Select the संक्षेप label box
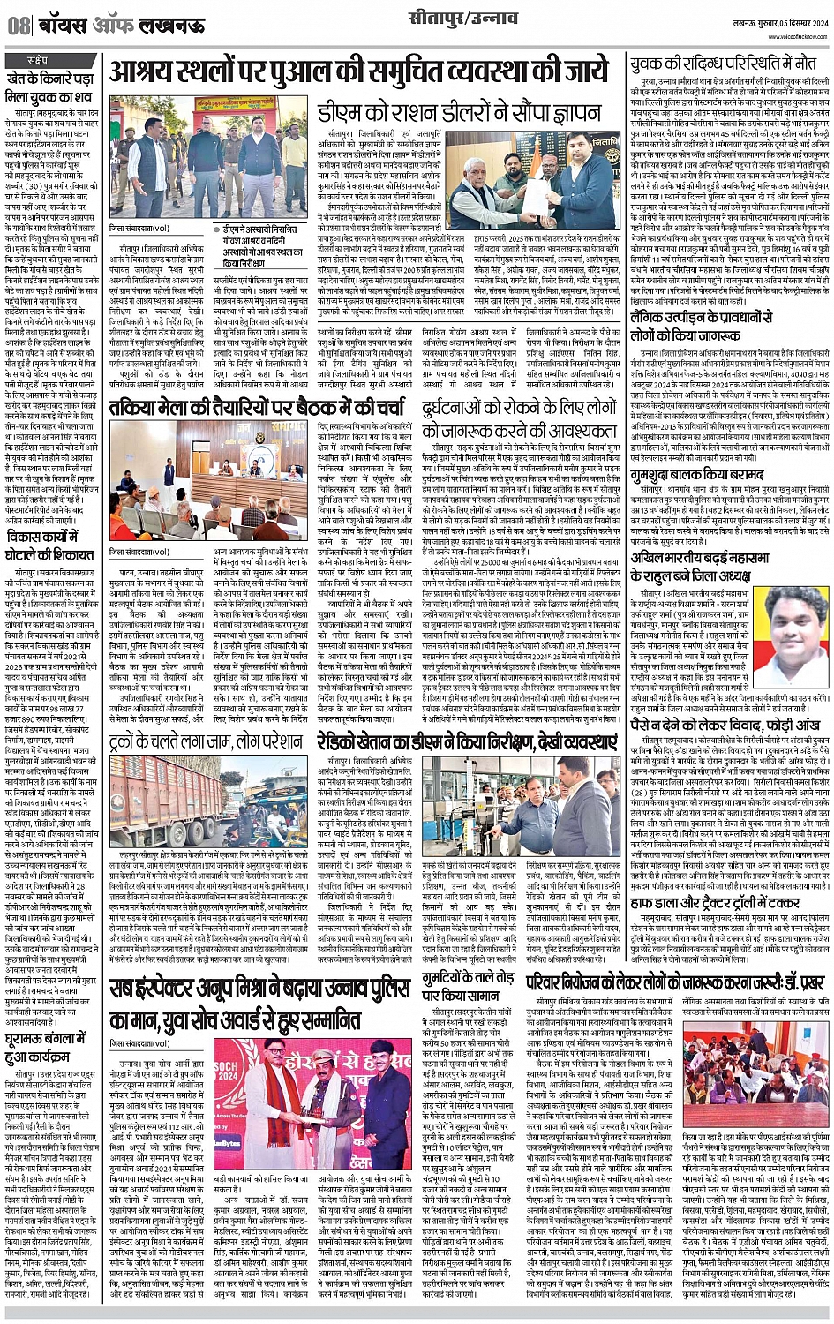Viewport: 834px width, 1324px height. click(x=38, y=60)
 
